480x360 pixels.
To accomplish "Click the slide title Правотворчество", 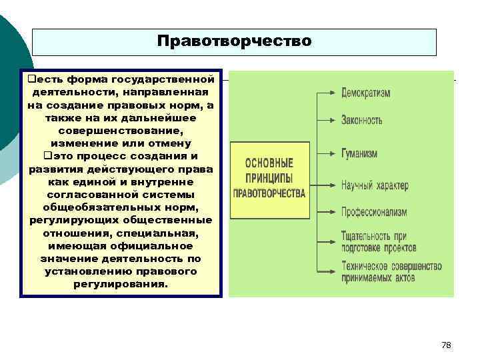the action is click(x=234, y=41).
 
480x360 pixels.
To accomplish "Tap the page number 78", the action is click(x=447, y=345).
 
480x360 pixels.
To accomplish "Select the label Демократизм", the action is click(x=366, y=93).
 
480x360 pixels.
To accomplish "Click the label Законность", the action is click(x=362, y=121).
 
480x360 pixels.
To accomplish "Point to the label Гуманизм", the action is click(x=359, y=153).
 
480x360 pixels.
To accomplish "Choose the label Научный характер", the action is click(x=375, y=185).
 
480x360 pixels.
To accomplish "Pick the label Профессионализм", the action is click(x=374, y=212).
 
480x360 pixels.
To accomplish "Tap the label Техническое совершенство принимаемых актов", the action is click(x=391, y=271).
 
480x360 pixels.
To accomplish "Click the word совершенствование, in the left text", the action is click(x=120, y=131).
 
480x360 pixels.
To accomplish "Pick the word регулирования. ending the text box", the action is click(x=120, y=284).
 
